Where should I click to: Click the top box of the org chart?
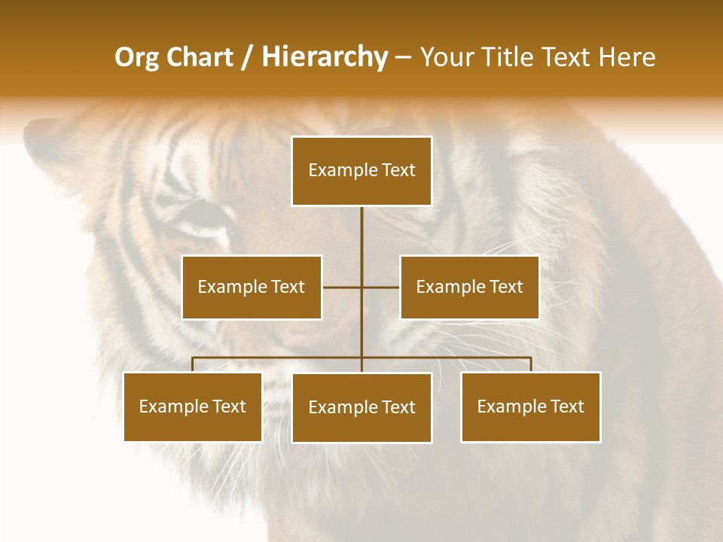[361, 171]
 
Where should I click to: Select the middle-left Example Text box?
[252, 287]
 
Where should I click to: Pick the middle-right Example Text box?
[469, 287]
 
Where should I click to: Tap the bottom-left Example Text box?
[193, 406]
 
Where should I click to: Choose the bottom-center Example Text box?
[361, 407]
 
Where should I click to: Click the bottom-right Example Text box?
[531, 406]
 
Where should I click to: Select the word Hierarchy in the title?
[324, 57]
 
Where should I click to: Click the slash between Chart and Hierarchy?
[249, 57]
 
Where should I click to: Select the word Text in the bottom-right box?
[566, 406]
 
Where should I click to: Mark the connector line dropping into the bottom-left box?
[193, 364]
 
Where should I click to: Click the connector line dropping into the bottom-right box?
[531, 364]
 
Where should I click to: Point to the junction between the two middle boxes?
[361, 287]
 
